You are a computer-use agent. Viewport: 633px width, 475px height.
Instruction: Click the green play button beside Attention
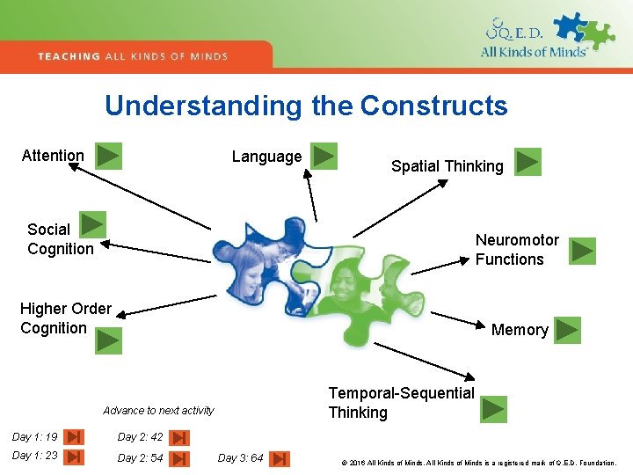pos(108,156)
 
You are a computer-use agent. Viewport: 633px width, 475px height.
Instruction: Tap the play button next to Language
pos(324,156)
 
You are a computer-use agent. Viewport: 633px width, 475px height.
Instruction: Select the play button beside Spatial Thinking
pos(527,162)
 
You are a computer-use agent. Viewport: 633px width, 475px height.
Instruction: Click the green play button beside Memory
pos(567,330)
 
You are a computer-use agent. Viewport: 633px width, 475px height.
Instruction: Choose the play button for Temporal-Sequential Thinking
pos(493,409)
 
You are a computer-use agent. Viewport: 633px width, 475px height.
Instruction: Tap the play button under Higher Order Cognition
pos(108,340)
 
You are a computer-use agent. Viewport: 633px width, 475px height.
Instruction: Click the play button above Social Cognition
pos(92,224)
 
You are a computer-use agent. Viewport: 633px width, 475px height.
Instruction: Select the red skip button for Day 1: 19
pos(75,437)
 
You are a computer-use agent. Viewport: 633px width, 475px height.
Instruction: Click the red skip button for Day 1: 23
pos(75,457)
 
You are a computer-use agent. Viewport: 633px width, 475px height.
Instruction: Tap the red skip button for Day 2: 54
pos(178,458)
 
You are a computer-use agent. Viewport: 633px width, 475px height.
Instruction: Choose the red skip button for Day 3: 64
pos(279,458)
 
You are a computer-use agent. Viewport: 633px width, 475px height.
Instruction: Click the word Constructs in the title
pos(433,106)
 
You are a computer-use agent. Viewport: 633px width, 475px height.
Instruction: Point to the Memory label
pos(520,330)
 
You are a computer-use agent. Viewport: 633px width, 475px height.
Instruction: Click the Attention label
pos(53,156)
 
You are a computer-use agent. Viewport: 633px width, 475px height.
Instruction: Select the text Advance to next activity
pos(158,411)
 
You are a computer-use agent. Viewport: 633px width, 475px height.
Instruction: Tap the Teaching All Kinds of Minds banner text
pos(133,56)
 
